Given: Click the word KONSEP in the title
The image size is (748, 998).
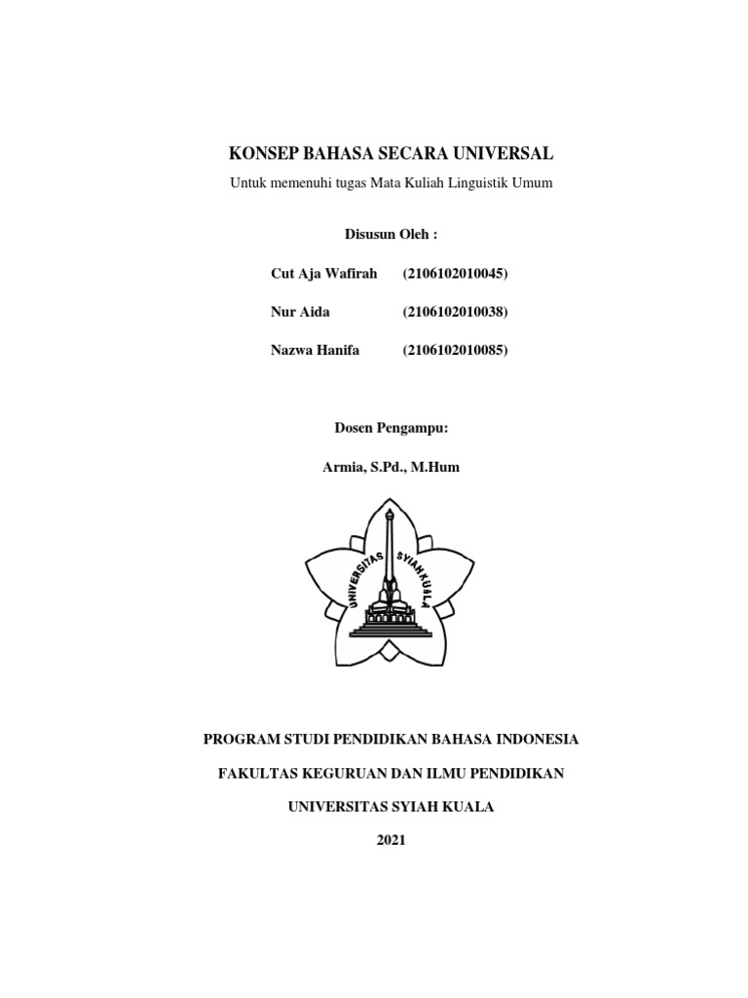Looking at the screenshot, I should coord(264,154).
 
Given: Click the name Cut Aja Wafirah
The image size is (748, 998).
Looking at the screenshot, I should coord(323,274).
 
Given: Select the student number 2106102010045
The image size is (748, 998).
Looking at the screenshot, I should coord(456,274).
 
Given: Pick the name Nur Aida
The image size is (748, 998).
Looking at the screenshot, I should coord(300,312).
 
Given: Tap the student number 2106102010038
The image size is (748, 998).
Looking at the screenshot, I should coord(456,312).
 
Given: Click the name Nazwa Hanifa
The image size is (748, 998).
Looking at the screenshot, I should coord(315,350).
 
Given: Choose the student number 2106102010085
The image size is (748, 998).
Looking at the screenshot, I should coord(456,350).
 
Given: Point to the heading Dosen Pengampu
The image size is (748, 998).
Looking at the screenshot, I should coord(392,427).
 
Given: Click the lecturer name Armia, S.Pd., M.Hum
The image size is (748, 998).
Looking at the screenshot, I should coord(391,468).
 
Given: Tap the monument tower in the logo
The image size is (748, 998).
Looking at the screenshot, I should coord(390,556).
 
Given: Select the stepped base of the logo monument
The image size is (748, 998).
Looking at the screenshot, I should coord(390,624).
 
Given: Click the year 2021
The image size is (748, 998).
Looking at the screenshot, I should coord(391,840).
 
